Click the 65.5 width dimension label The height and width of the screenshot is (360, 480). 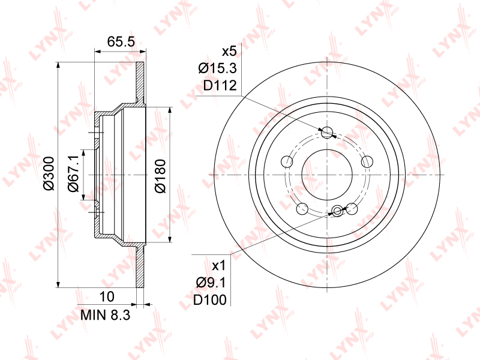pos(121,41)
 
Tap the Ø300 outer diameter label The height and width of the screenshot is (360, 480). pos(49,173)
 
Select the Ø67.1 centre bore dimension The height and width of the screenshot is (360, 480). pos(73,173)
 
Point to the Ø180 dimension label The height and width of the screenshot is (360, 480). pos(160,176)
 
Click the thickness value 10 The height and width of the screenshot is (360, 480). pos(107,296)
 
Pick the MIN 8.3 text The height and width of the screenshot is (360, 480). pos(106,314)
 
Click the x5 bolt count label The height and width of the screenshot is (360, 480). pos(229,52)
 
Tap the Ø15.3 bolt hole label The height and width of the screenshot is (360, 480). pos(217,68)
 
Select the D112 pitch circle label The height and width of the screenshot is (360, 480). pos(220,85)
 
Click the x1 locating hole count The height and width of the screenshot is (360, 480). pos(218,266)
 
